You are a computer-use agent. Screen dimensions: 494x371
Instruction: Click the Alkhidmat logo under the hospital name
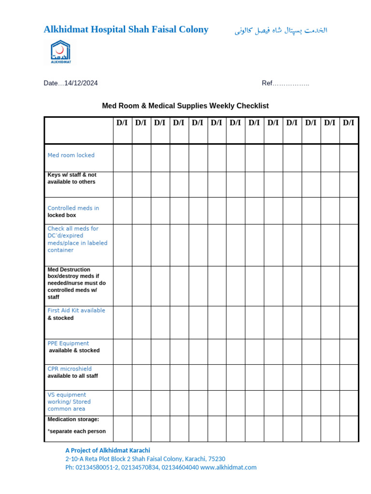click(60, 52)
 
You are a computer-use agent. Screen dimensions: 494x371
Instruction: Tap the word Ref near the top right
click(267, 83)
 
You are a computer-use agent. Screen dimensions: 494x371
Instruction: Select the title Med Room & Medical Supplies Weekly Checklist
click(185, 106)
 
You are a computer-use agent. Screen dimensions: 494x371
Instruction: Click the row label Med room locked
click(71, 155)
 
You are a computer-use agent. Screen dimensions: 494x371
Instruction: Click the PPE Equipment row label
click(68, 343)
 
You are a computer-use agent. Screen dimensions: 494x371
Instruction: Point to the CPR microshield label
click(70, 369)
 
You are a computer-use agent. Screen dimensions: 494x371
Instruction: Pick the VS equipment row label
click(67, 395)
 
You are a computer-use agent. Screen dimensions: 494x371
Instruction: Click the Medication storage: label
click(73, 419)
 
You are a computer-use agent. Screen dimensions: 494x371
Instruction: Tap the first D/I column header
click(122, 123)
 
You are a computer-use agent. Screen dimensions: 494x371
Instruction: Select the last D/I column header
click(348, 123)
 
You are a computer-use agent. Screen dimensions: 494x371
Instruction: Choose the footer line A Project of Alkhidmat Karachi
click(108, 450)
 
